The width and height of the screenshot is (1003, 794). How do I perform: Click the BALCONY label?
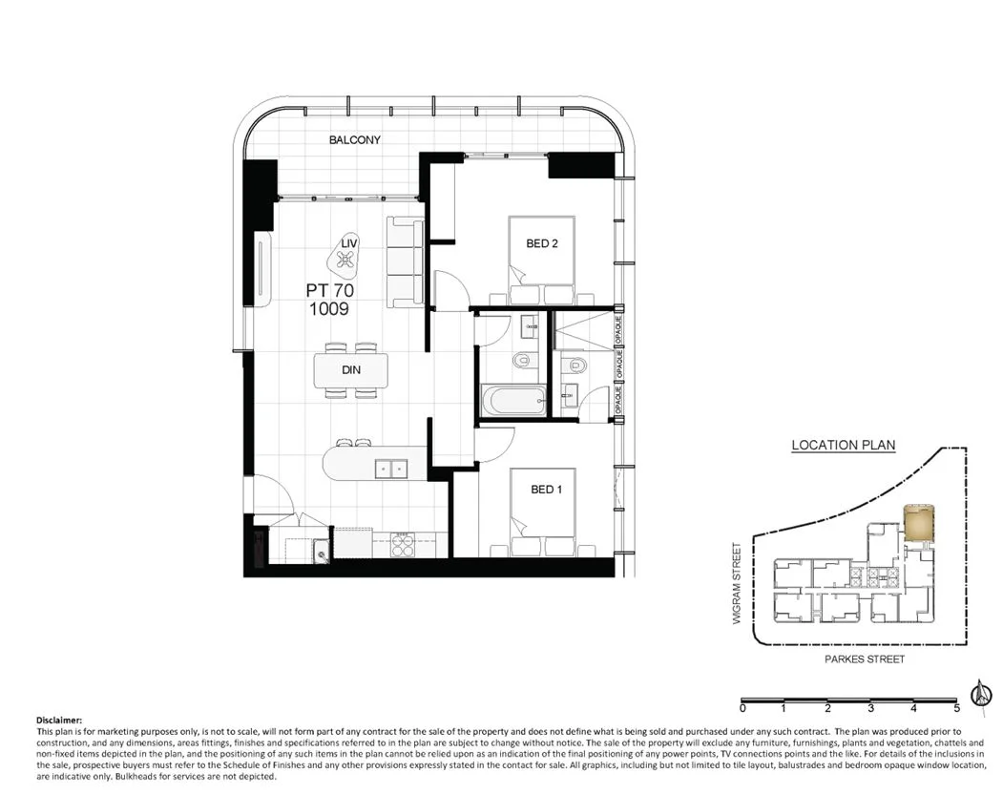(x=354, y=139)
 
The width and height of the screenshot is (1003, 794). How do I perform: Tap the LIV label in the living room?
(x=349, y=242)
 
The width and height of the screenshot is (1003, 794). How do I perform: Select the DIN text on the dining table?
(x=350, y=370)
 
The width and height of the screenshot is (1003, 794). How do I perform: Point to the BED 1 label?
(x=546, y=490)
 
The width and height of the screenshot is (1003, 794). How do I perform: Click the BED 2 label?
(x=542, y=243)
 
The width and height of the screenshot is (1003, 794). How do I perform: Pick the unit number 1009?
(x=329, y=309)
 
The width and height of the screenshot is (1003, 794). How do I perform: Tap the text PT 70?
(x=329, y=290)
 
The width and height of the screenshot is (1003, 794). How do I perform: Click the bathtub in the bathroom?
(x=513, y=402)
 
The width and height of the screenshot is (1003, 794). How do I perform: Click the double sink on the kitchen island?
(x=391, y=469)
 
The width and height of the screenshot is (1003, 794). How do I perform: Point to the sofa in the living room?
(x=405, y=262)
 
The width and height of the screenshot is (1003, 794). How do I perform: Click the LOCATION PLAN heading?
(x=843, y=446)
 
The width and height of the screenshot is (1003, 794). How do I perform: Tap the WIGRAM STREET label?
(x=737, y=583)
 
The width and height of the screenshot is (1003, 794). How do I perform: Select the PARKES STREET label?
(x=865, y=659)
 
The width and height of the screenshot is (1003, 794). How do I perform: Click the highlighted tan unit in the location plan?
(x=919, y=523)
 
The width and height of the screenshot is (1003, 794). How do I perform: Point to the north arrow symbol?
(x=979, y=692)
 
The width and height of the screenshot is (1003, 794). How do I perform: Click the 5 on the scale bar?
(x=957, y=708)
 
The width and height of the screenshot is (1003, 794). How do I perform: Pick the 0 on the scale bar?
(x=742, y=708)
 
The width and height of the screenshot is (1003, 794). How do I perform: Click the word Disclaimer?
(x=59, y=721)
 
